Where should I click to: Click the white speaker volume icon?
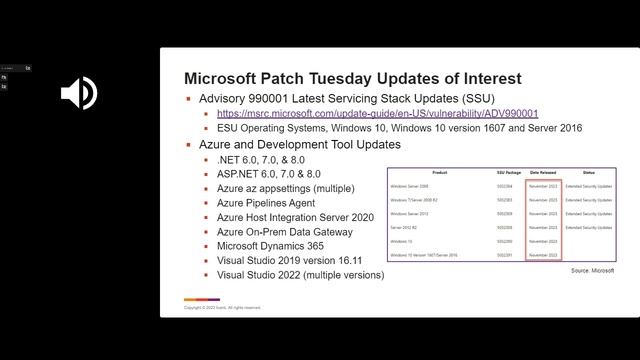78,93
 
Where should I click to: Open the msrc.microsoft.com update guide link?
377,114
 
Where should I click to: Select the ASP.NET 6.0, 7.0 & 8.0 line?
268,174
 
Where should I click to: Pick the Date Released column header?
543,172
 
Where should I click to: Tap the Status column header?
588,172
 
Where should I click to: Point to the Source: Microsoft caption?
592,270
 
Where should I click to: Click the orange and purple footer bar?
201,299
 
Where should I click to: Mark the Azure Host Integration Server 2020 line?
294,217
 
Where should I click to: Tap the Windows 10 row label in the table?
401,241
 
